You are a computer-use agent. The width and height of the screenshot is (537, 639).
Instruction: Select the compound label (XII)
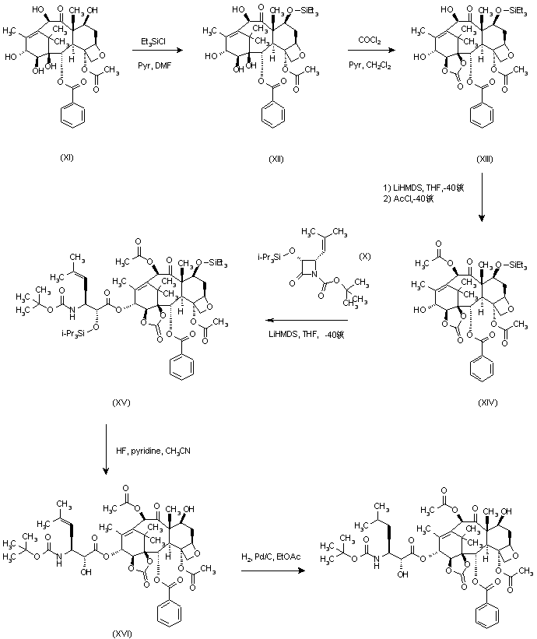click(x=275, y=158)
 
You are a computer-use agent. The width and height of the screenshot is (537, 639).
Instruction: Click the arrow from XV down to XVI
click(x=105, y=451)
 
